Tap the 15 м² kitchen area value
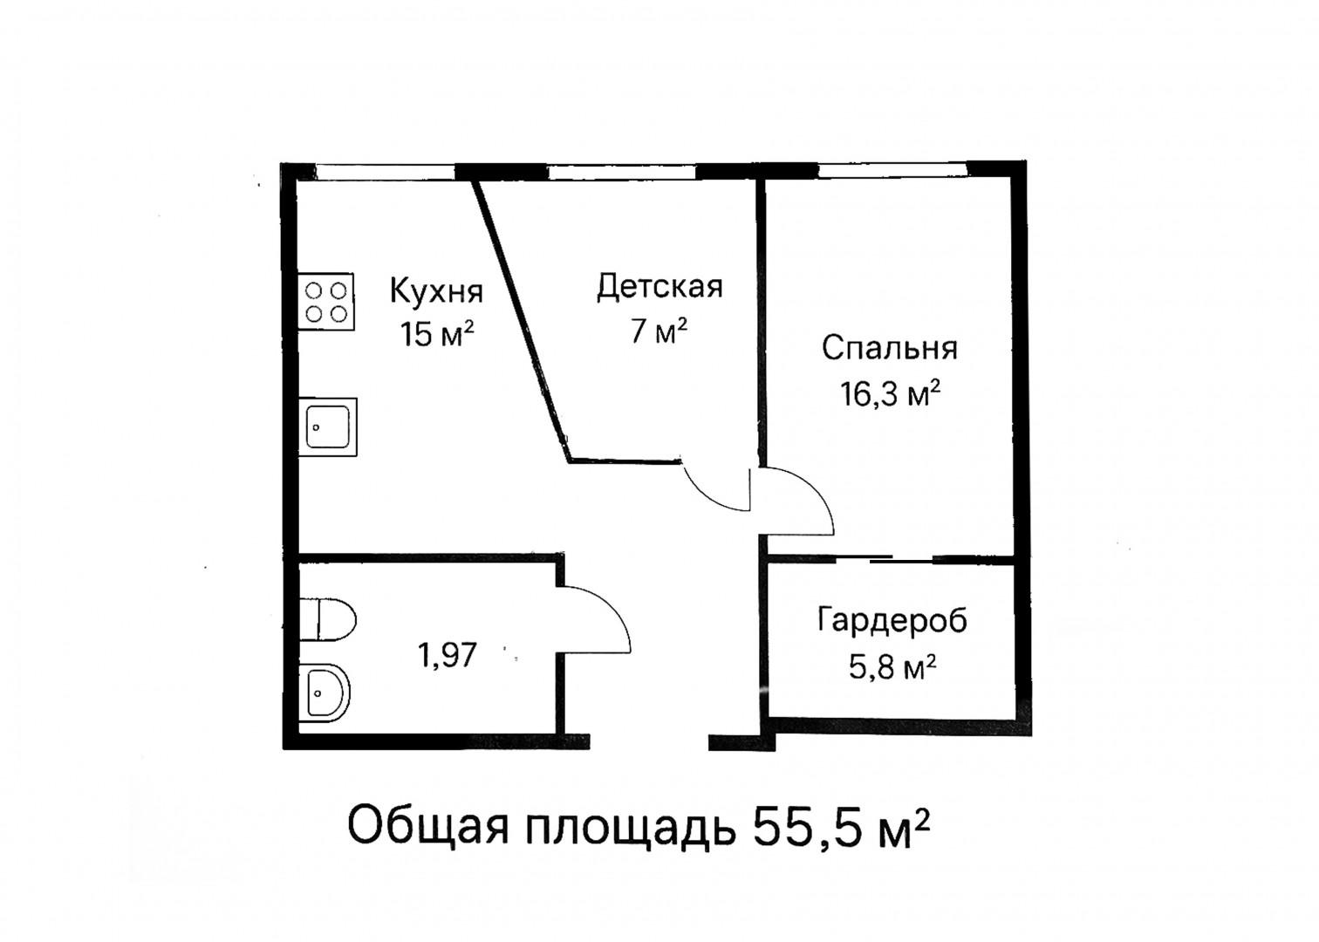pos(437,333)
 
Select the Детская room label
pos(659,286)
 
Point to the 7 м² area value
pos(659,331)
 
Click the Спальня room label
pos(889,348)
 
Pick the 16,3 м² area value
pos(890,394)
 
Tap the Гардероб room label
pos(892,621)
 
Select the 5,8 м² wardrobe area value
pos(892,668)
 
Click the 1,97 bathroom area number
pos(448,654)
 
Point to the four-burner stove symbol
pos(327,301)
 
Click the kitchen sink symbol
pos(327,427)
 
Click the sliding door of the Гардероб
pos(890,557)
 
